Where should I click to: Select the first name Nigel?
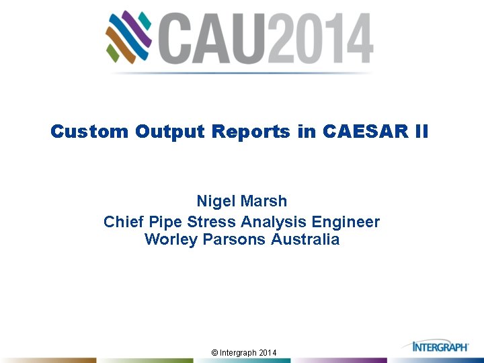pos(215,201)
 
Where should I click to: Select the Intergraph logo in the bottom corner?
pos(440,347)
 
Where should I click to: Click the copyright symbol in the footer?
pos(214,353)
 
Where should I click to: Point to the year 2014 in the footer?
pos(267,353)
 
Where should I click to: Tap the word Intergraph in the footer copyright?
pos(239,353)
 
